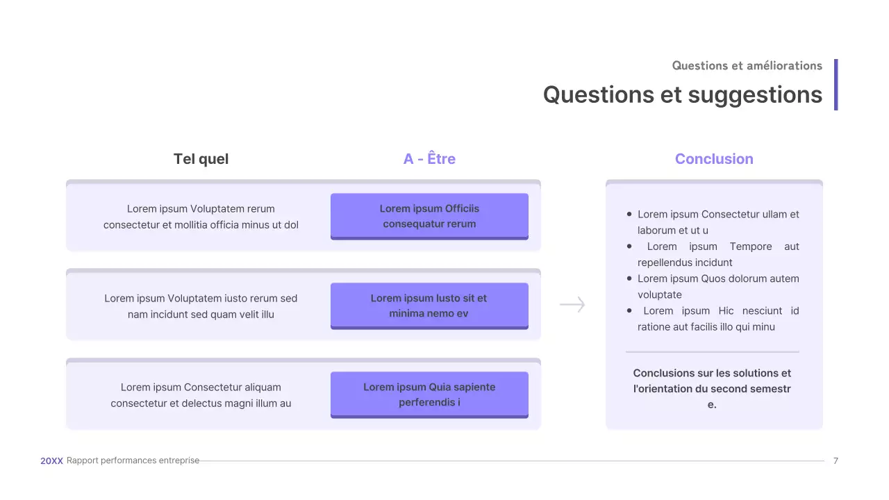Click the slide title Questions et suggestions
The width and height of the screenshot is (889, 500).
click(x=682, y=94)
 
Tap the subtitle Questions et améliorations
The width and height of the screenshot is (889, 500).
click(x=747, y=66)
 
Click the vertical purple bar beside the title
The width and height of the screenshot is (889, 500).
click(x=836, y=84)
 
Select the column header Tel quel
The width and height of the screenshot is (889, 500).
click(x=201, y=159)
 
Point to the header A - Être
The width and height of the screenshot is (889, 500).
click(x=429, y=159)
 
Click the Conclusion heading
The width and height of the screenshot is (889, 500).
click(x=714, y=159)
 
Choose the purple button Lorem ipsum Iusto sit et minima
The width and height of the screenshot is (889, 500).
click(x=429, y=306)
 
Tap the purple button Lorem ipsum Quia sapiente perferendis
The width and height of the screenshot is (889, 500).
click(x=429, y=394)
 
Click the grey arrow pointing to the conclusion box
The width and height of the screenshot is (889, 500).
click(x=572, y=305)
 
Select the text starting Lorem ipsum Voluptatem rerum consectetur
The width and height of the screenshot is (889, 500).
click(x=201, y=217)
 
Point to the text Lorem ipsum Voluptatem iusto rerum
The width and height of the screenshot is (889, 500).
click(x=201, y=306)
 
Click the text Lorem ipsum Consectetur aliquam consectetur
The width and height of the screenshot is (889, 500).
click(x=201, y=395)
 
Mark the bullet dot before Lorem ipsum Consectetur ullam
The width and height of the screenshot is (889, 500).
click(x=629, y=215)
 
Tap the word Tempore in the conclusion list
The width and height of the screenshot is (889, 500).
click(x=751, y=247)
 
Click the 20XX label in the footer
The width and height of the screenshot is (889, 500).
click(x=51, y=460)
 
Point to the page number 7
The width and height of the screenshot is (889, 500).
click(x=836, y=460)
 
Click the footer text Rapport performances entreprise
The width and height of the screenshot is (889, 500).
click(x=133, y=460)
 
